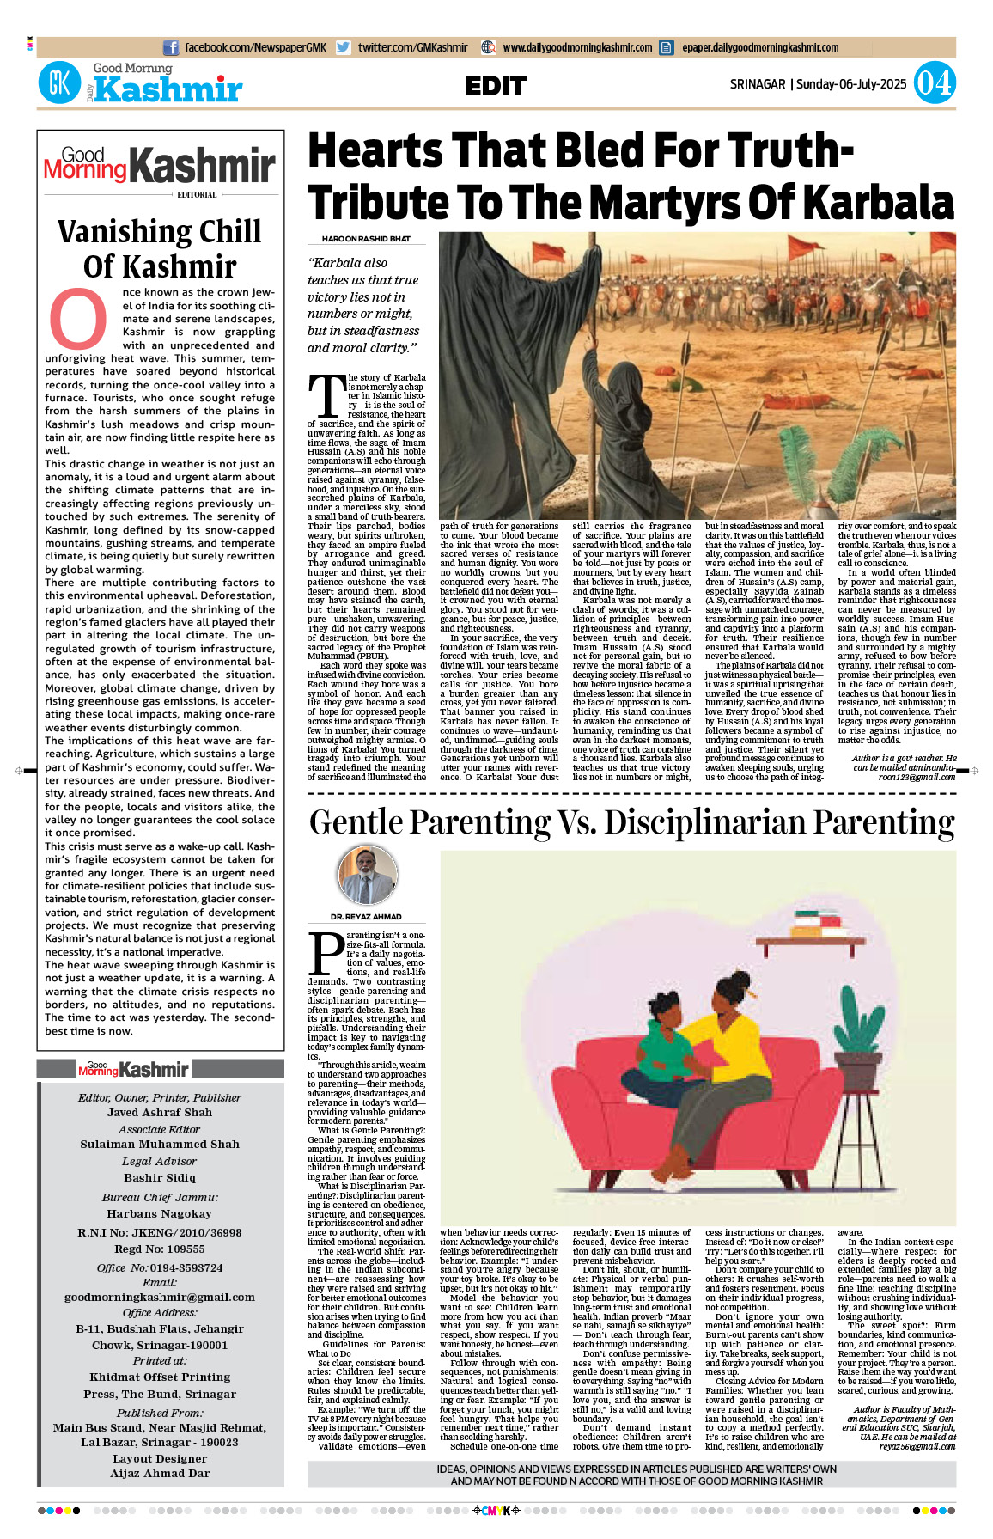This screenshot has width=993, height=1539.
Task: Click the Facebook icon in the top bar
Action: click(171, 48)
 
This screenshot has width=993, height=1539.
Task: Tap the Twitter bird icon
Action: click(344, 48)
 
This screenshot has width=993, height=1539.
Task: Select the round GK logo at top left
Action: click(59, 83)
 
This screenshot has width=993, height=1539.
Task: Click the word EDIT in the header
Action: click(496, 86)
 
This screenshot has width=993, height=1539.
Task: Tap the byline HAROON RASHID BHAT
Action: click(366, 239)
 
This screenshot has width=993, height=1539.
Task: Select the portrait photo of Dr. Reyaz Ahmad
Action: click(368, 876)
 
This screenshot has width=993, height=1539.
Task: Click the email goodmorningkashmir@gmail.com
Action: click(160, 1297)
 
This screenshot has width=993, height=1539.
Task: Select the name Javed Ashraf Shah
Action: click(160, 1112)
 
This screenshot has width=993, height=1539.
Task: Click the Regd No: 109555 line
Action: click(160, 1249)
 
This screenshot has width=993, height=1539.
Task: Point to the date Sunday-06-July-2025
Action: click(851, 84)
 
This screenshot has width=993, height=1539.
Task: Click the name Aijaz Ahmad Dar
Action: click(160, 1473)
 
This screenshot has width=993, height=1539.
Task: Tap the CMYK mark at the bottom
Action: click(496, 1511)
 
